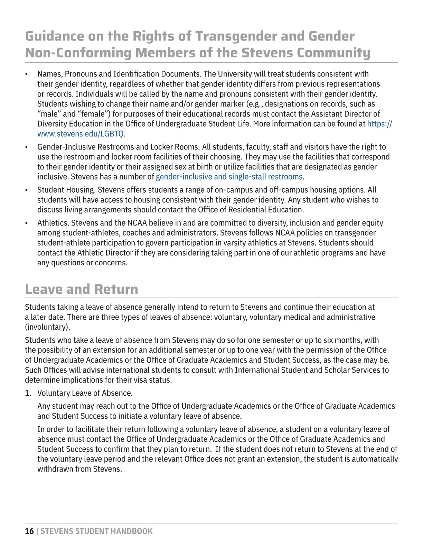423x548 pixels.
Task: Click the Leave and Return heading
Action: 82,289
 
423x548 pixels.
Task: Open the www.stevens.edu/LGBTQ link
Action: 81,134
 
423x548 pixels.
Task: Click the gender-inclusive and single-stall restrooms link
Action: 229,177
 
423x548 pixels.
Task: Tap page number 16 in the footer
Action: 29,531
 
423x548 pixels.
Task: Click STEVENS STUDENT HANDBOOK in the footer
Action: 96,531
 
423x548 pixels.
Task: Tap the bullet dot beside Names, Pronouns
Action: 26,74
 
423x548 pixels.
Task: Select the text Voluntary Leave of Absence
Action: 85,393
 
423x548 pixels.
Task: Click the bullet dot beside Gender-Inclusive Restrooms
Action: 26,147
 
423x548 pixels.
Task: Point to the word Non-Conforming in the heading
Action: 78,53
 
